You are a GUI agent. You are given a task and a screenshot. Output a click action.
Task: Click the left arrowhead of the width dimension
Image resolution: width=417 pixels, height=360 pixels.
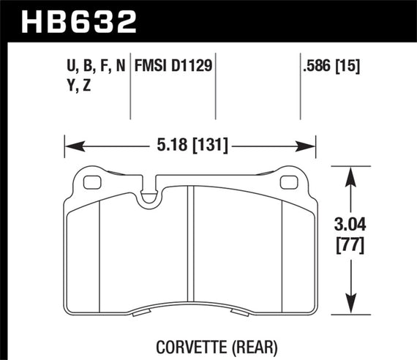[x=70, y=146]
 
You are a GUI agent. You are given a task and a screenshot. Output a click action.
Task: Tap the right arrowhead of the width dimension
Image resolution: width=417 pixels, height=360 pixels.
[x=310, y=146]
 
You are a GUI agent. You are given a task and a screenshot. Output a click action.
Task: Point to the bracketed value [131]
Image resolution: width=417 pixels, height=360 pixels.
[x=210, y=146]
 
